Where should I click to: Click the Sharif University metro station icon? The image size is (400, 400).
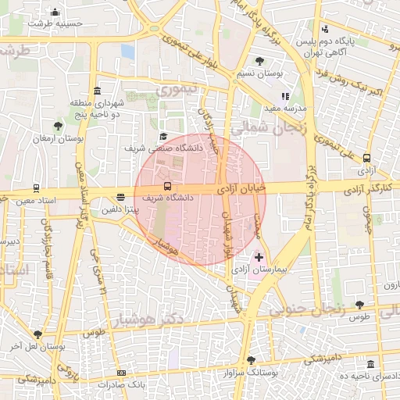tap(168, 186)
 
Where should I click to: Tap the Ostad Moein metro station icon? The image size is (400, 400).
tap(36, 188)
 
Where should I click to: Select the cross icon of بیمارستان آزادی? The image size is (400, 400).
tap(259, 256)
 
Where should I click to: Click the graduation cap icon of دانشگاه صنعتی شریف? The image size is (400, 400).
tap(163, 135)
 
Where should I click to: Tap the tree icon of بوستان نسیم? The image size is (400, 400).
tap(259, 61)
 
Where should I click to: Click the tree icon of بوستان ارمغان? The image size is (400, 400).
tap(58, 126)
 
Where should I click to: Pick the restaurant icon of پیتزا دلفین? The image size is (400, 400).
tap(120, 198)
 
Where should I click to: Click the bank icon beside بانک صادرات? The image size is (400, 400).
tap(121, 373)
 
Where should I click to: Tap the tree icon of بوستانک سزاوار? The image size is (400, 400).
tap(250, 361)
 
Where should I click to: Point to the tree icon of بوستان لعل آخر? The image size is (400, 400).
tap(37, 334)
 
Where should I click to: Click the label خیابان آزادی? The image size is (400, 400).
tap(241, 187)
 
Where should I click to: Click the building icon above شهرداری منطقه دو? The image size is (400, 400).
tap(97, 91)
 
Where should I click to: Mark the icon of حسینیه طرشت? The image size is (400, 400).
tap(55, 12)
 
